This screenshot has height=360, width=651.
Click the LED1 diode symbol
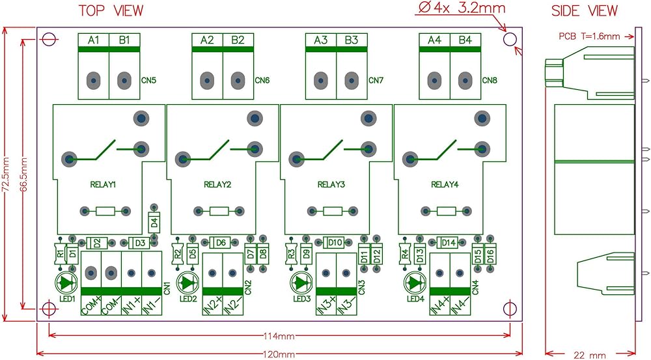(66, 283)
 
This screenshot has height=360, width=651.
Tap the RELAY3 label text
(331, 184)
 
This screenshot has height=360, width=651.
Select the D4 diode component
(154, 223)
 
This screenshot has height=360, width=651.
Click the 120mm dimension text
(279, 355)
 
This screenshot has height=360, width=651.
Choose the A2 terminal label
(207, 40)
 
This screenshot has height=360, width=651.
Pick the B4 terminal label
(465, 40)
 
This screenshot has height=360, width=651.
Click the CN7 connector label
(376, 80)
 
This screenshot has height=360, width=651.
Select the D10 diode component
(334, 242)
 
